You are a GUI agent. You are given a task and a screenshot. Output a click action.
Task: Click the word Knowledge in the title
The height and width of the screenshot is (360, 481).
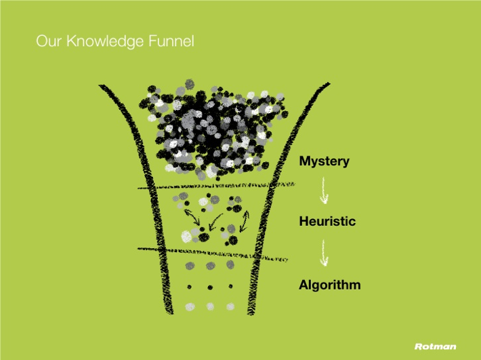(105, 41)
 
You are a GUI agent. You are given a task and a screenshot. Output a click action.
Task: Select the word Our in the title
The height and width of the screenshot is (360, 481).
(49, 41)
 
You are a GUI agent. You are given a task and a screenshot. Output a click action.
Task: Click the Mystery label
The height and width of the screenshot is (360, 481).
(325, 161)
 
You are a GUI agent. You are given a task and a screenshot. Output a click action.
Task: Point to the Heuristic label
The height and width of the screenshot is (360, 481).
(327, 221)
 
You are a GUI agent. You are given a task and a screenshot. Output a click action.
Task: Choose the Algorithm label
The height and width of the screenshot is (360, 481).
(330, 285)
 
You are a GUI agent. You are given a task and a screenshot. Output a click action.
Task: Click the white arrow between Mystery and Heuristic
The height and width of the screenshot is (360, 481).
(324, 191)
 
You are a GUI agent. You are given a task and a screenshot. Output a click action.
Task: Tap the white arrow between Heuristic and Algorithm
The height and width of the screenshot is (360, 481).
(324, 253)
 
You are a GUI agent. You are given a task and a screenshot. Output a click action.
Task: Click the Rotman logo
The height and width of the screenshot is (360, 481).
(436, 346)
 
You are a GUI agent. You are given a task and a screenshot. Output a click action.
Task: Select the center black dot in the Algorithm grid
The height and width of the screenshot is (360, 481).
(210, 287)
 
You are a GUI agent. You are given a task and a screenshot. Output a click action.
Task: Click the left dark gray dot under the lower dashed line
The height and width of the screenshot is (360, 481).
(190, 266)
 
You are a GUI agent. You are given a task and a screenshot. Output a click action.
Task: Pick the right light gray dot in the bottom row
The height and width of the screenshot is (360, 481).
(230, 306)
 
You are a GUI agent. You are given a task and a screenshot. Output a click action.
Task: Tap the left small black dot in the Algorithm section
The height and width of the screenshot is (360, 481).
(189, 287)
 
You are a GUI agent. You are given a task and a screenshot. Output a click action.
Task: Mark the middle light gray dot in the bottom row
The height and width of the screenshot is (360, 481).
(210, 306)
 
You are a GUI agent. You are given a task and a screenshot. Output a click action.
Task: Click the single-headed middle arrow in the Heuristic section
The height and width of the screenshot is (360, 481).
(215, 222)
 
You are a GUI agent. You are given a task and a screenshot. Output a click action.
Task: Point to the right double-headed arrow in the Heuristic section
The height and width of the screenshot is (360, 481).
(245, 220)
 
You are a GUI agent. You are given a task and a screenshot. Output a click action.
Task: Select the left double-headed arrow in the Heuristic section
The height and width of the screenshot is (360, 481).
(192, 217)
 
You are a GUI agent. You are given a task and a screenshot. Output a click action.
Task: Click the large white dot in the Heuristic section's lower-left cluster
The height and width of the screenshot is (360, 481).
(186, 237)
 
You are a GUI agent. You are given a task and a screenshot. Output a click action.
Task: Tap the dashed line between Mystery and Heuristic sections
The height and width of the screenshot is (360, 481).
(216, 186)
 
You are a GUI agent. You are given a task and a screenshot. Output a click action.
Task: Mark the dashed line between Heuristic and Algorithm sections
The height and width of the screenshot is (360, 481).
(213, 254)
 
